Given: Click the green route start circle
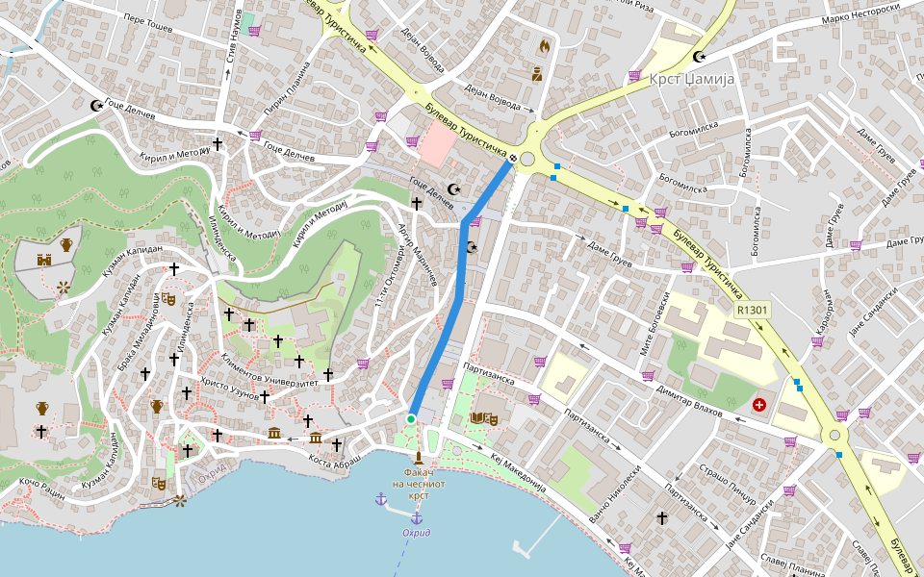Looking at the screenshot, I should [411, 419].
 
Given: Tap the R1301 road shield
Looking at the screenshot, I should [752, 310].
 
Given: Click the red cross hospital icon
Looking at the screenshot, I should [759, 406].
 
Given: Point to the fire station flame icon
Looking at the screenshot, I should [544, 45].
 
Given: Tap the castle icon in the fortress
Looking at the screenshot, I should [43, 259].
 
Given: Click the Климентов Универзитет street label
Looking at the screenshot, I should [270, 370].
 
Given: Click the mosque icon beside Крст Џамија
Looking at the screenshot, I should [712, 57].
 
